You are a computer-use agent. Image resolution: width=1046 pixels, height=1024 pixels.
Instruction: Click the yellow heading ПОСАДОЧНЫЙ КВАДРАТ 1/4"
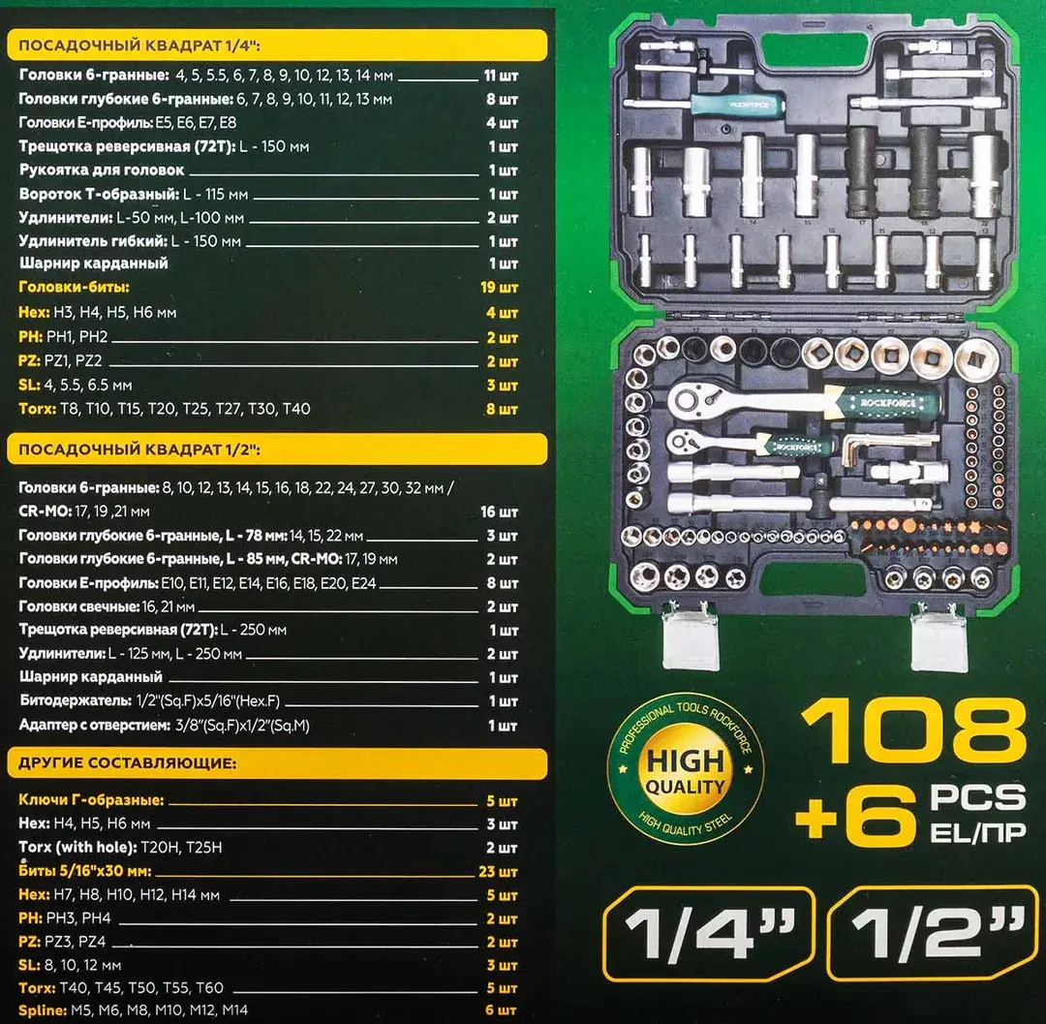[x=138, y=46]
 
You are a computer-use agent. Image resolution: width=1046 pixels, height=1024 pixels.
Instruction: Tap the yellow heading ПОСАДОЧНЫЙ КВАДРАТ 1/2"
[x=138, y=450]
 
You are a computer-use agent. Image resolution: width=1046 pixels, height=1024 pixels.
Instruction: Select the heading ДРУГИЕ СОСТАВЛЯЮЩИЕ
[x=128, y=763]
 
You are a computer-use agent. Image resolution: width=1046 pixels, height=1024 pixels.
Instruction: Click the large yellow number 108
[x=913, y=731]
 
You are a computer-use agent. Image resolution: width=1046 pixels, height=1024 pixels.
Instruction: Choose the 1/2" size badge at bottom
[x=934, y=933]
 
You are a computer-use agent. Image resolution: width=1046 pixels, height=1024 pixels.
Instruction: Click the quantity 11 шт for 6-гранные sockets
[x=501, y=76]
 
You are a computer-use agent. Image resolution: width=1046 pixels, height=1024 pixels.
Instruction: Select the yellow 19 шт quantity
[x=499, y=288]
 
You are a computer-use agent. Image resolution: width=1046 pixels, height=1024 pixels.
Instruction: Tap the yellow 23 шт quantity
[x=499, y=871]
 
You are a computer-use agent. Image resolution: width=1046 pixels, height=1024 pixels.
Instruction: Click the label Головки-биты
[x=74, y=288]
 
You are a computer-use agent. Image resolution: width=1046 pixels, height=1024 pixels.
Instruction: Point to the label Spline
[x=43, y=1010]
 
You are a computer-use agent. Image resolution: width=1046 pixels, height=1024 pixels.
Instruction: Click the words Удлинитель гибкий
[x=93, y=241]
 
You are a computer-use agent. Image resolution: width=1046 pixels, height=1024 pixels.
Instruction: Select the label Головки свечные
[x=78, y=606]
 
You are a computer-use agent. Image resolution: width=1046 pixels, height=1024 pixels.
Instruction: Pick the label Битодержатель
[x=76, y=701]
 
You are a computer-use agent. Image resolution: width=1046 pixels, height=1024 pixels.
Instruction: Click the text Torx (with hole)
[x=77, y=848]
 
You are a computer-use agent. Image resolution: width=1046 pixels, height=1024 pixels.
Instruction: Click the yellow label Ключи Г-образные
[x=91, y=800]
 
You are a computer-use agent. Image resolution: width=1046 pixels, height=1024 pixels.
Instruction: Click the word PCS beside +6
[x=978, y=798]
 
